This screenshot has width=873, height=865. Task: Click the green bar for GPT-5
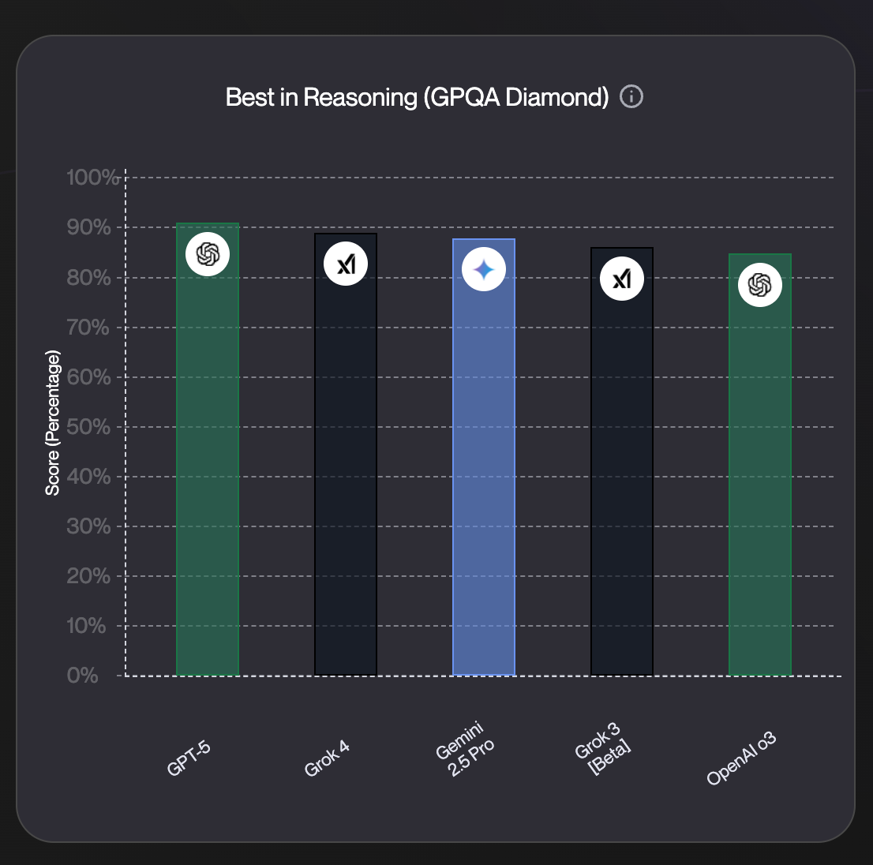pos(208,474)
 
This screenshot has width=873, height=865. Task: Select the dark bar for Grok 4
pos(346,474)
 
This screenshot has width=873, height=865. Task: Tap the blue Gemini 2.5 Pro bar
pos(484,474)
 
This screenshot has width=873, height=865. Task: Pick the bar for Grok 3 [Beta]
pos(622,474)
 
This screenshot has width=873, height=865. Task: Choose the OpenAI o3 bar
pos(760,474)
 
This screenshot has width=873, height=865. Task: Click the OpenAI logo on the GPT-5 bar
pos(208,255)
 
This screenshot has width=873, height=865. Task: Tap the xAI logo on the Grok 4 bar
pos(346,264)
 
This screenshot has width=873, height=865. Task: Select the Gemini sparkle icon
pos(484,270)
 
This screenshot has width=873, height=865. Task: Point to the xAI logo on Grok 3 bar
pos(622,279)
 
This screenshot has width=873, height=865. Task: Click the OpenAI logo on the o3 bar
pos(760,285)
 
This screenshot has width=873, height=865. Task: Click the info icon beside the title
pos(631,97)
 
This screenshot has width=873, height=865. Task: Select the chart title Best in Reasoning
pos(417,98)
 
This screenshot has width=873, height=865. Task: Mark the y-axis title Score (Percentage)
pos(53,425)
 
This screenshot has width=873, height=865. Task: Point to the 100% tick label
pos(92,178)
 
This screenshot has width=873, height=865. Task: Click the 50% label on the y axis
pos(88,427)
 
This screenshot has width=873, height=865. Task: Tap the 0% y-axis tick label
pos(83,676)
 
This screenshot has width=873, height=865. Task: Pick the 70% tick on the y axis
pos(88,328)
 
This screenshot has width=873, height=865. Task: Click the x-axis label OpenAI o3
pos(742,759)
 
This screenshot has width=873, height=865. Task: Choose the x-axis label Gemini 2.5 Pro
pos(466,749)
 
